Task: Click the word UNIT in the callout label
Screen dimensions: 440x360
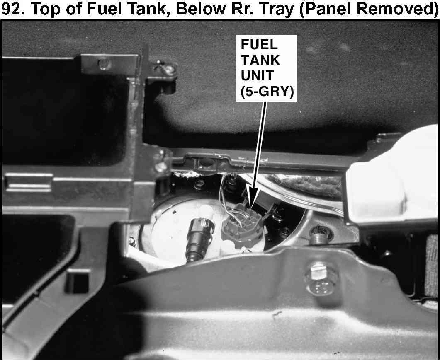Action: point(257,75)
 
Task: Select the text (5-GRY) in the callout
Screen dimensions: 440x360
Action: point(267,92)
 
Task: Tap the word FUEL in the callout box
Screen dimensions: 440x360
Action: point(259,45)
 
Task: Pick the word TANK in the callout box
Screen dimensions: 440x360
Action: point(260,60)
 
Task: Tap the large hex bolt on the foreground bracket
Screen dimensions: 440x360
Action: point(320,279)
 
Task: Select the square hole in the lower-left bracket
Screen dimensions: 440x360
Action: point(77,281)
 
